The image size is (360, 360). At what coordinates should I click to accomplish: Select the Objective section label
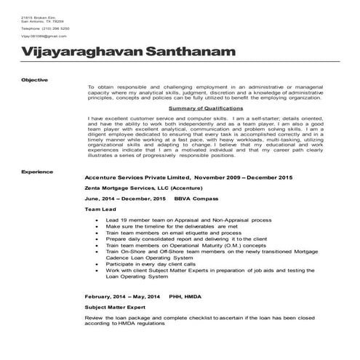pos(35,79)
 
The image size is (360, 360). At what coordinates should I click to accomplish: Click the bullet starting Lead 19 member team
pos(183,219)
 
